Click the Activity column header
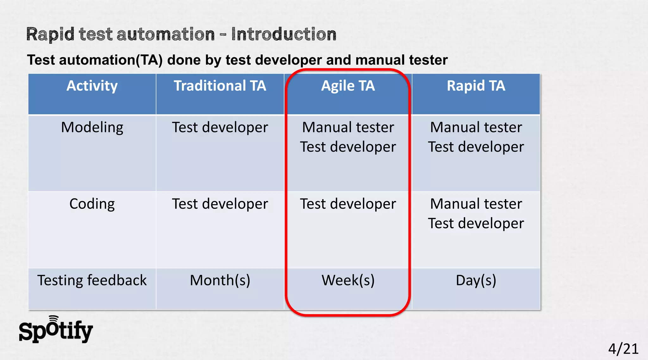(92, 86)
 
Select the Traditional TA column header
(220, 86)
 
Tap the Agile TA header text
(348, 86)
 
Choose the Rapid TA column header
(476, 86)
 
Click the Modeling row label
(92, 128)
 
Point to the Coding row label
(92, 204)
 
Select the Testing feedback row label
(92, 281)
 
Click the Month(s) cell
(220, 281)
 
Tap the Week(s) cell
(348, 281)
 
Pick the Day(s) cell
(476, 281)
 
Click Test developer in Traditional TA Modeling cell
(220, 128)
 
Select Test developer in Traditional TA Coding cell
(220, 204)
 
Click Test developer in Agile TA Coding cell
(348, 204)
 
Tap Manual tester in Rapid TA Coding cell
(476, 204)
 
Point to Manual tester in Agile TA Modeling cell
(348, 128)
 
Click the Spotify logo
(56, 330)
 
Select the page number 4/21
(623, 349)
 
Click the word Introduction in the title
(283, 34)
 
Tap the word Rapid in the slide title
(50, 34)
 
